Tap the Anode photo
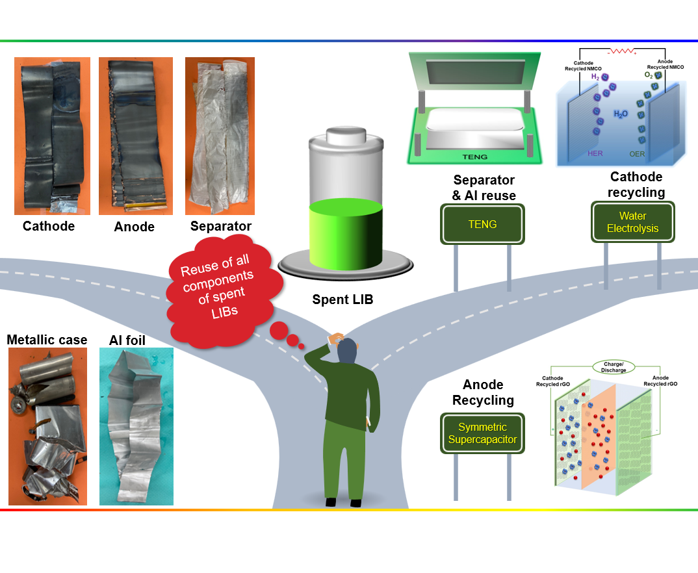point(135,136)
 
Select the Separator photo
point(220,136)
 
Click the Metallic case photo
point(47,426)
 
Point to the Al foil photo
point(136,426)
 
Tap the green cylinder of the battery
point(345,234)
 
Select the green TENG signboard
point(482,224)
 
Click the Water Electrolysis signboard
point(632,222)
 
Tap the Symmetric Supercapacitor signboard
point(482,433)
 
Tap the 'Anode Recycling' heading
point(483,392)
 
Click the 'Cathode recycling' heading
point(636,185)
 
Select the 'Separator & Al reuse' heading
point(484,187)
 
